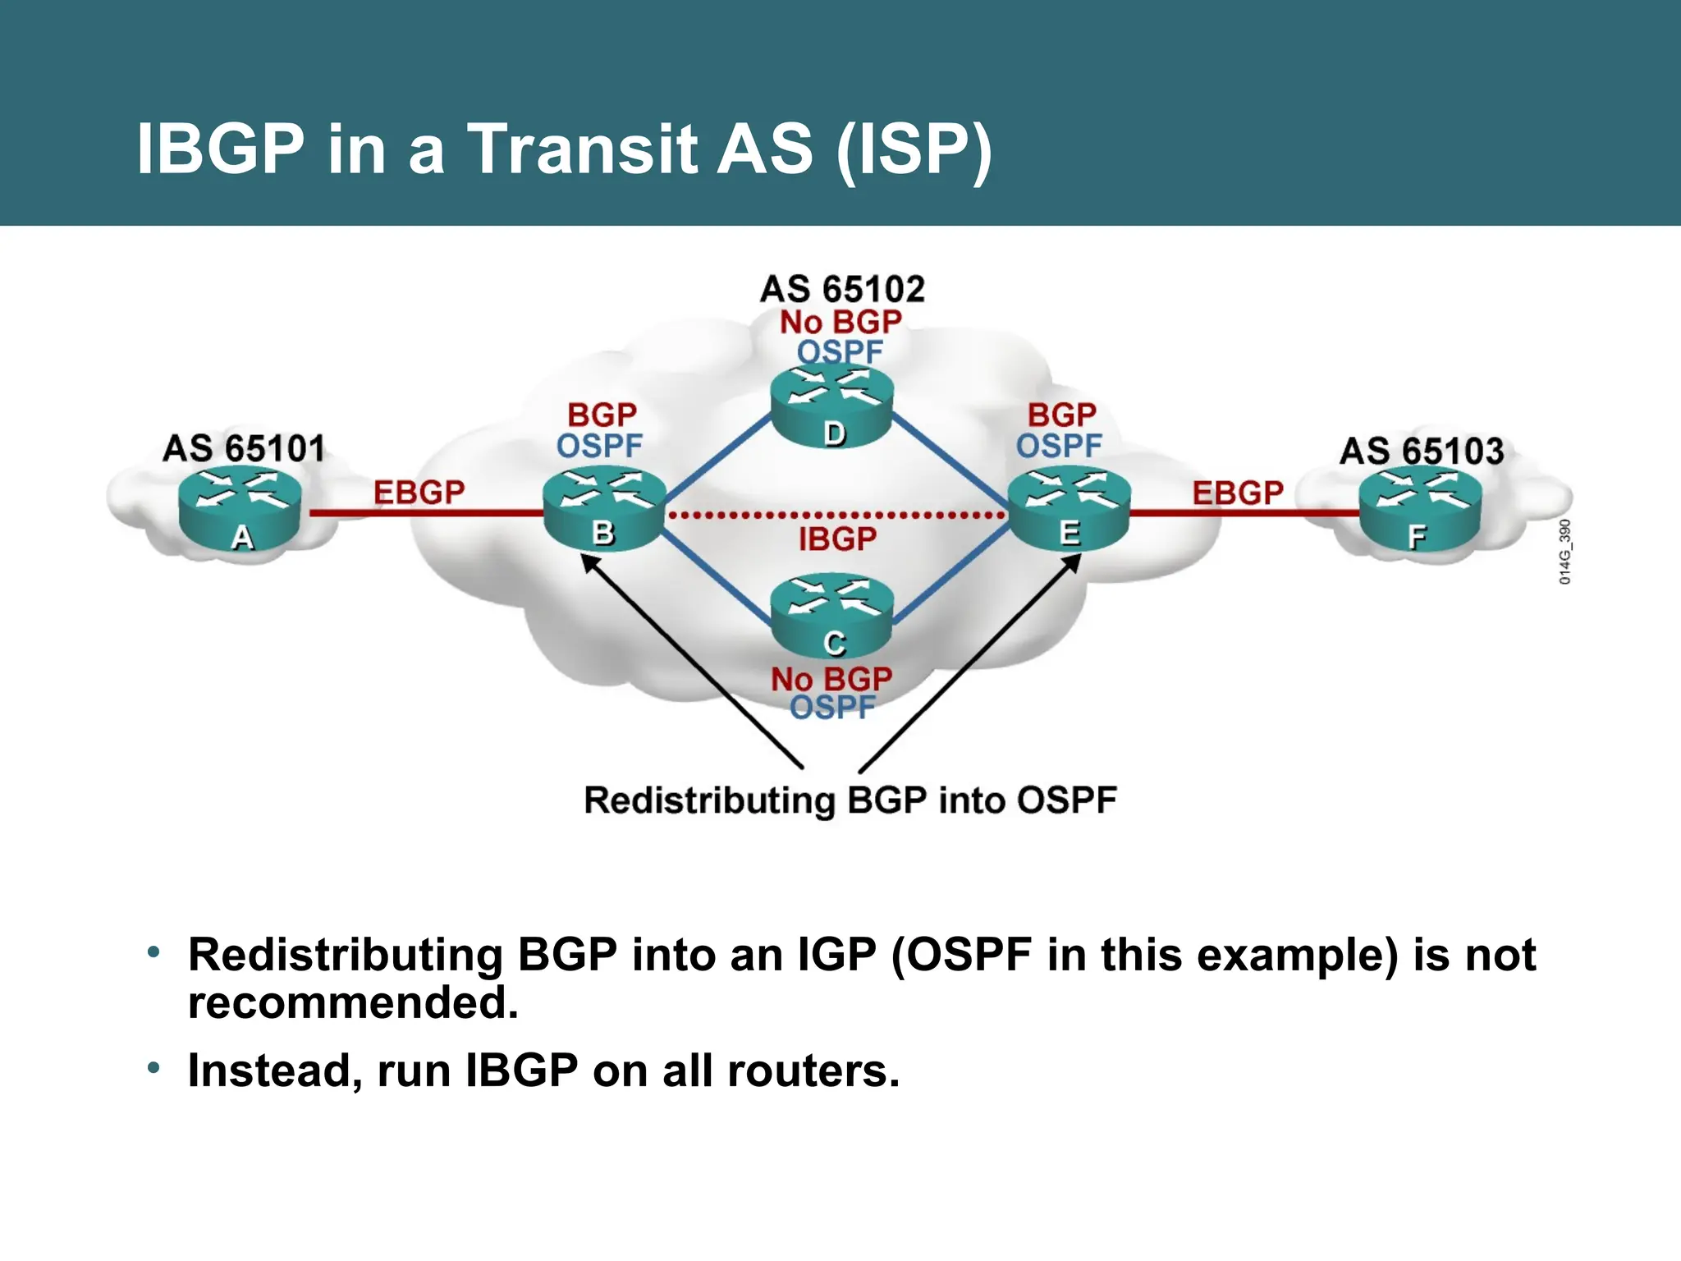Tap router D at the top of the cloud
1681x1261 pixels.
(831, 406)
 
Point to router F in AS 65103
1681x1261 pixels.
(1420, 509)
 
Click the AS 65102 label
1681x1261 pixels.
(842, 290)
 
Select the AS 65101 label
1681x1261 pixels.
(244, 449)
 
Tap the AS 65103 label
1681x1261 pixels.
(1422, 452)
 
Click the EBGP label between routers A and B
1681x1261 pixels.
(419, 493)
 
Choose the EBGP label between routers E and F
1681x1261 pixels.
(1238, 493)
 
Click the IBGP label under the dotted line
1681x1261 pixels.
(837, 539)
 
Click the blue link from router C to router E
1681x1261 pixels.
(952, 575)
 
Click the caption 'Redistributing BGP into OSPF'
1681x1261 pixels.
(850, 800)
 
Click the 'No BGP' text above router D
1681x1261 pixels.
(840, 322)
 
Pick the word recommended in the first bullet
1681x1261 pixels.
(353, 1003)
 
